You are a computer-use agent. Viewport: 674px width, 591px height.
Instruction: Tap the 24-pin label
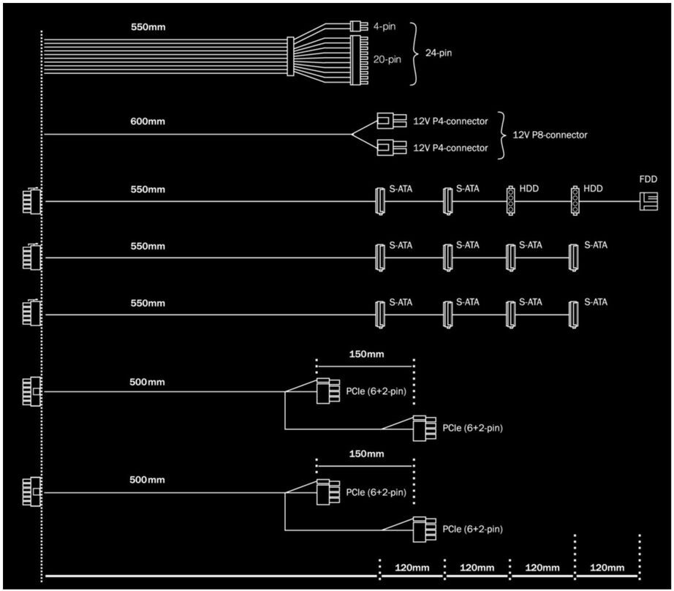pos(436,53)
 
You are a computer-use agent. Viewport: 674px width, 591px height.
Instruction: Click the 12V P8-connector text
pos(549,135)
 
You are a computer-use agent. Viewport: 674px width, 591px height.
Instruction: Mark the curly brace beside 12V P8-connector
pos(503,135)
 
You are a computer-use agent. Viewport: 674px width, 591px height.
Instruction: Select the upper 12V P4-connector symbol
pos(385,121)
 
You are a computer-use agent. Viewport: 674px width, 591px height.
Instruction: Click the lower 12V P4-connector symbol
pos(385,148)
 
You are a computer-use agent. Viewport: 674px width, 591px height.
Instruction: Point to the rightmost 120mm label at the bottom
pos(607,567)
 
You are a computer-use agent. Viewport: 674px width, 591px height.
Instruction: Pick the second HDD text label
pos(593,188)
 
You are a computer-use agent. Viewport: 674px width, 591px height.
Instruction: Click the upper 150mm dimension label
pos(366,354)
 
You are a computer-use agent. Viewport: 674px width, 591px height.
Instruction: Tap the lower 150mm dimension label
pos(366,454)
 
